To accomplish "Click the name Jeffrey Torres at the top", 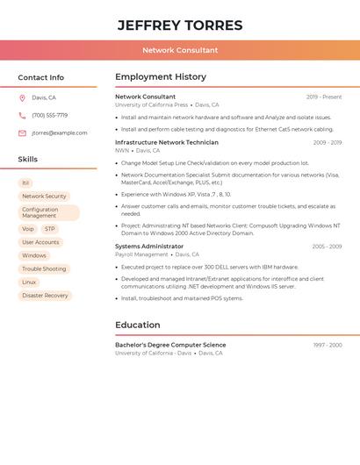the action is [180, 25].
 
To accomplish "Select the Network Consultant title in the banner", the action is [180, 50].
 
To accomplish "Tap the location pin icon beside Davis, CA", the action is [22, 98].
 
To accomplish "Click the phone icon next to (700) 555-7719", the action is [22, 115].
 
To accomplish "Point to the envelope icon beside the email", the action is [22, 133].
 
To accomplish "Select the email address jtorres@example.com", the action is [60, 133].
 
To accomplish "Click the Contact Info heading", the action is [41, 77].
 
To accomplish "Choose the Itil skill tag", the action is [25, 182].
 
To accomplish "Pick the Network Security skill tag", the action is [44, 197].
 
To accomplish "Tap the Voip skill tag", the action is [28, 229].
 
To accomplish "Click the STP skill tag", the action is [50, 229].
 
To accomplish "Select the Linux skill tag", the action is [29, 283].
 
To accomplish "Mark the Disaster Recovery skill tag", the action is [45, 296].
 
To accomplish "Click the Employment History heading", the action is [161, 77].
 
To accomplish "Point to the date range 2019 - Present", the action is [324, 97].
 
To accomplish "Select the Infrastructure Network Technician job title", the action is [167, 142].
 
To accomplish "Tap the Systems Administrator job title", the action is [149, 247].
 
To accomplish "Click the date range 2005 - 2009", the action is [327, 247].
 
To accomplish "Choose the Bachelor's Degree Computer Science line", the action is [170, 345].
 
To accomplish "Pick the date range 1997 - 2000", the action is [328, 346].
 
